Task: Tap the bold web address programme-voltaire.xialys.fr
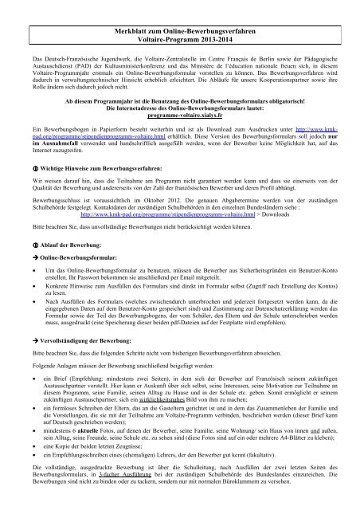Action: click(x=179, y=116)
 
